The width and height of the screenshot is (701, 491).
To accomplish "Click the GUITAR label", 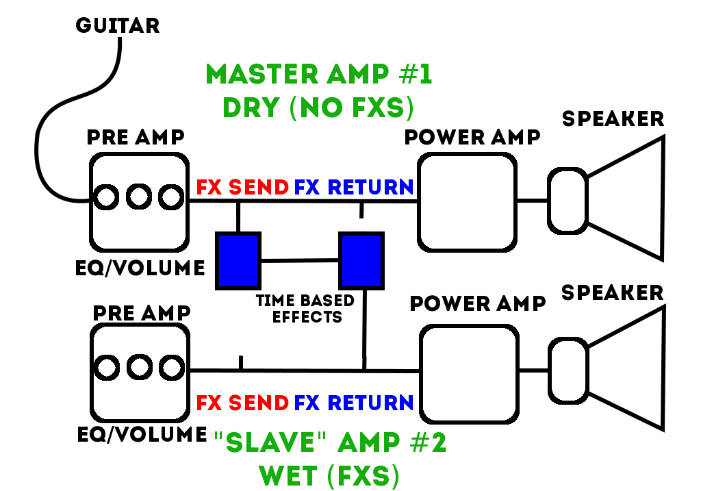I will pyautogui.click(x=117, y=25).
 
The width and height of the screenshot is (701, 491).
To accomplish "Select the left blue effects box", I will pyautogui.click(x=238, y=260).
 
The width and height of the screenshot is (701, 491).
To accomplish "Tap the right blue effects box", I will pyautogui.click(x=361, y=260).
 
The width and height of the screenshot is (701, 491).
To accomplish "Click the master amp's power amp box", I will pyautogui.click(x=467, y=202).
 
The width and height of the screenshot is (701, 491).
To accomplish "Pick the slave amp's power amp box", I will pyautogui.click(x=468, y=374).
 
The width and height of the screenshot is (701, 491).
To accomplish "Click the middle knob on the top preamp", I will pyautogui.click(x=138, y=199).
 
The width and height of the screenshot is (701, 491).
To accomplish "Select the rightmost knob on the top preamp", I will pyautogui.click(x=170, y=199).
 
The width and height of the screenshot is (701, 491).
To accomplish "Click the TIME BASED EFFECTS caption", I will pyautogui.click(x=305, y=308).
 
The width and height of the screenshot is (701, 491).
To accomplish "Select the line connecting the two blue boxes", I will pyautogui.click(x=300, y=260).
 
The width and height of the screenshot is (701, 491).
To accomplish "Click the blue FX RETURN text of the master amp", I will pyautogui.click(x=354, y=187).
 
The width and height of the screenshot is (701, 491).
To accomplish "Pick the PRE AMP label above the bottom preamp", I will pyautogui.click(x=138, y=312).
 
